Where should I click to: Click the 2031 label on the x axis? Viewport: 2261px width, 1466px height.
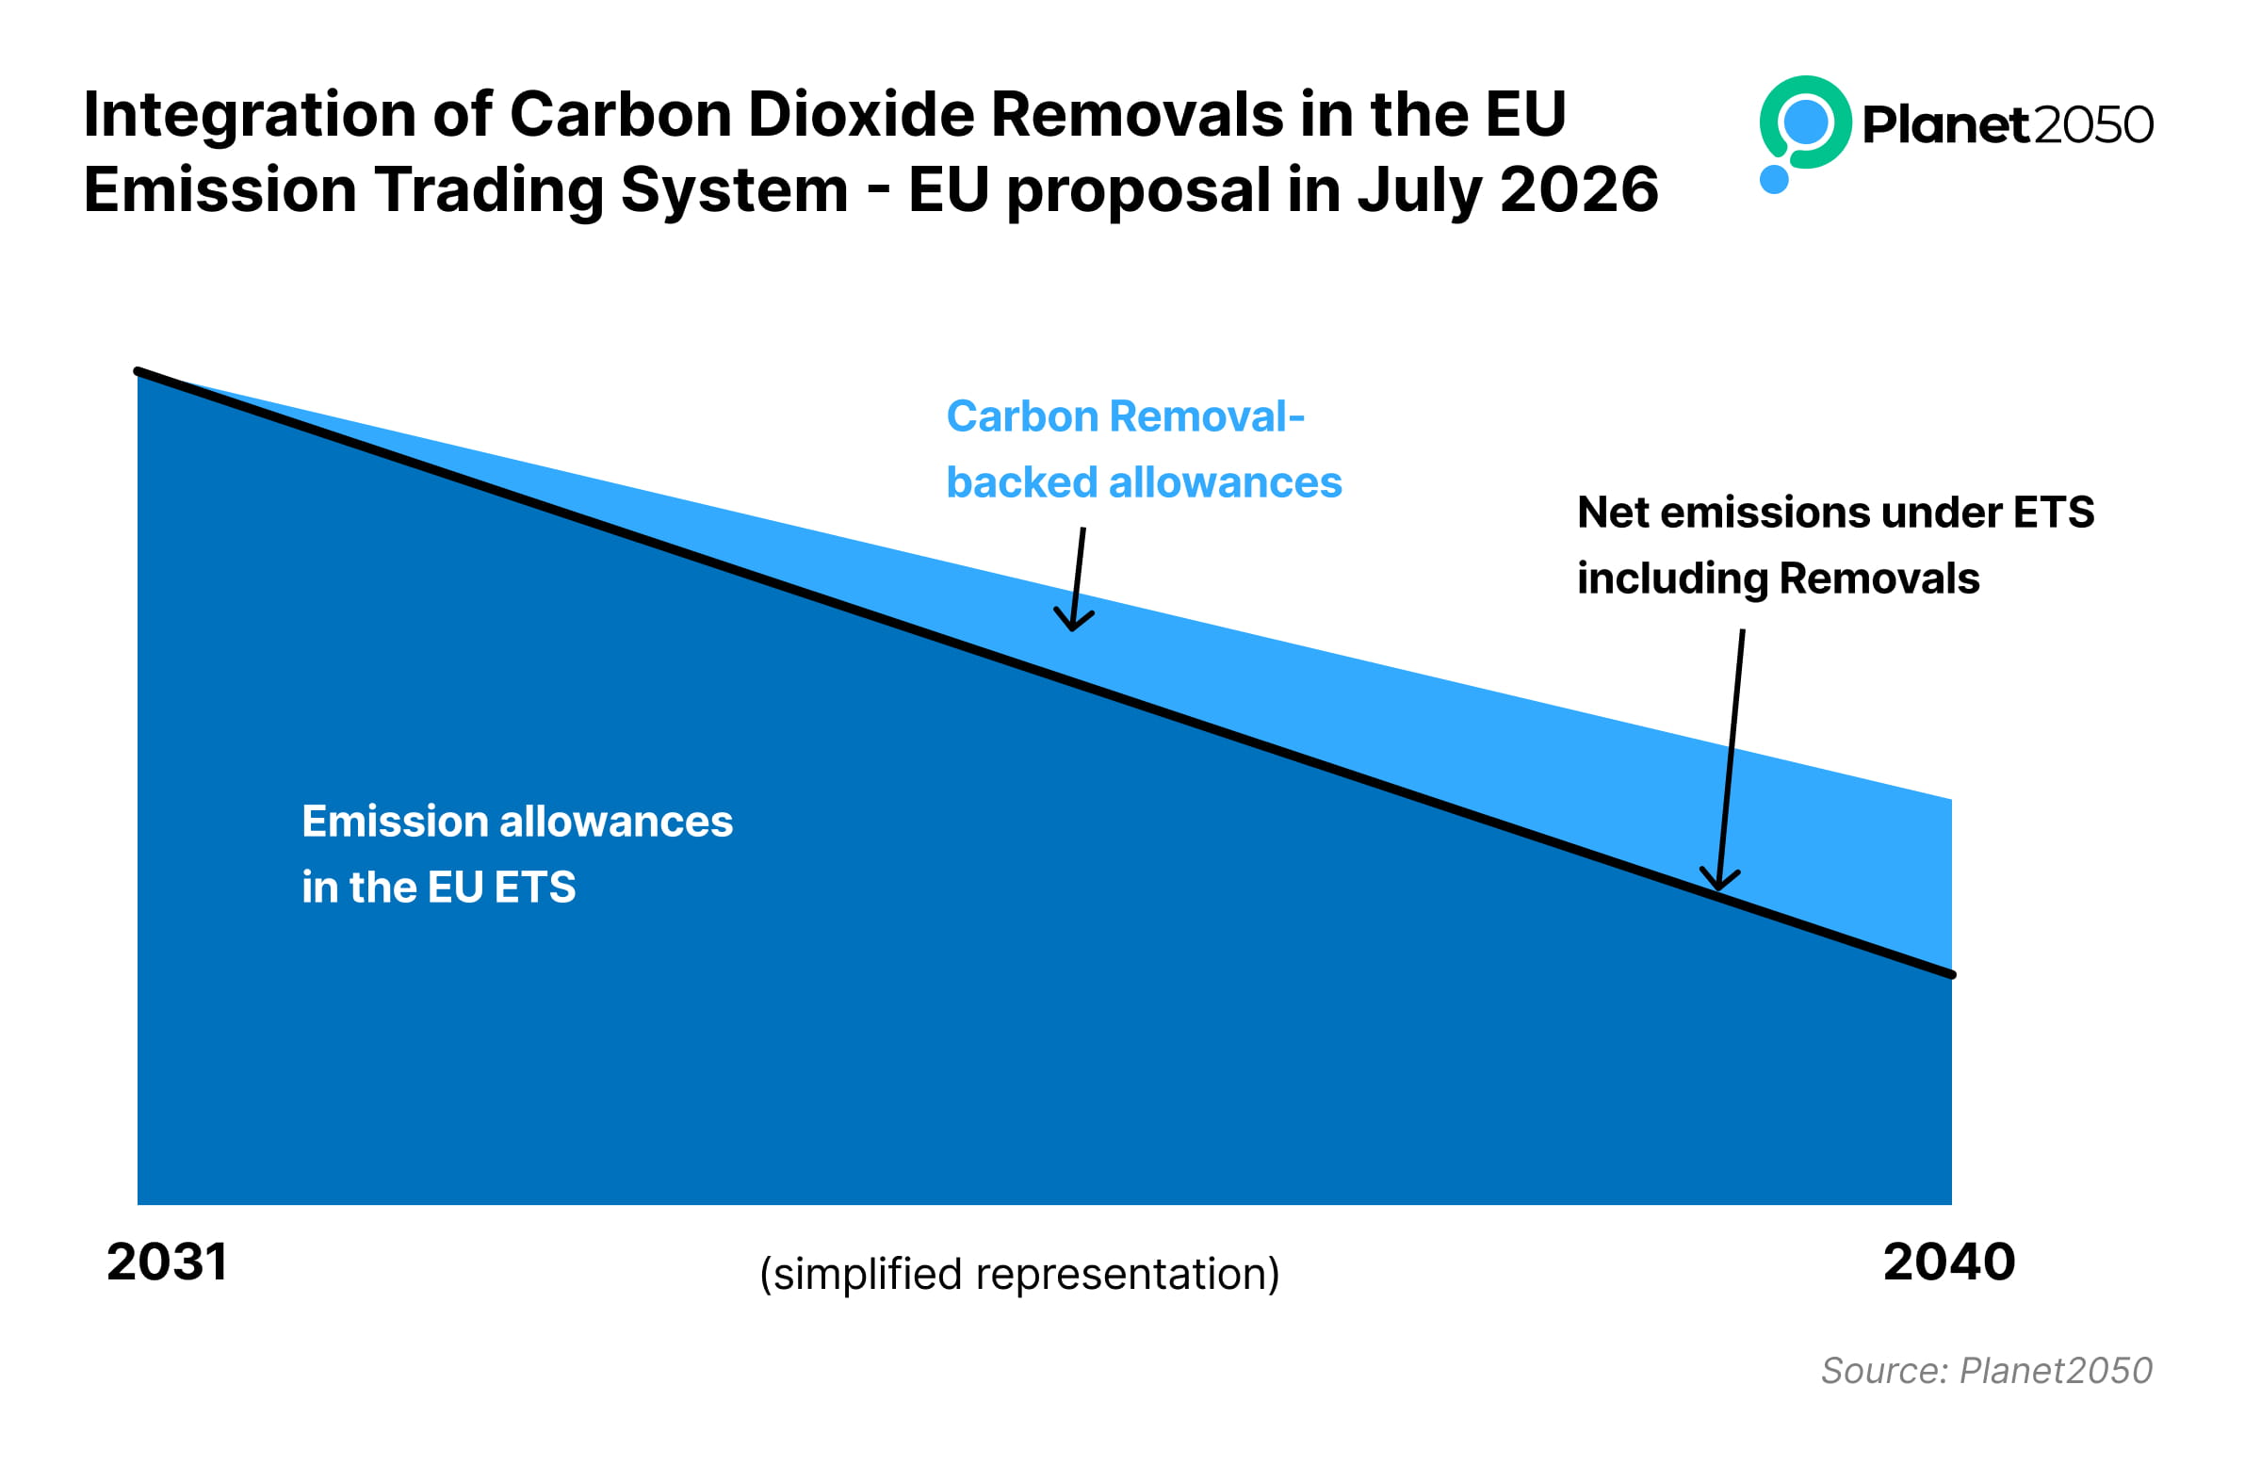(x=167, y=1262)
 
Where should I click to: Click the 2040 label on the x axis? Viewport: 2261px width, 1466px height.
(x=1948, y=1262)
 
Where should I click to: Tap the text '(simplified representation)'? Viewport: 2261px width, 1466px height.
(x=1019, y=1275)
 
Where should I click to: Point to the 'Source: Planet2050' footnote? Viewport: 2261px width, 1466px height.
(x=1987, y=1371)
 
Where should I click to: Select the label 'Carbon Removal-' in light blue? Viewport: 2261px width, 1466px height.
(x=1126, y=417)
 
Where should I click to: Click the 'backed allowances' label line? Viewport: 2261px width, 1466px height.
(x=1144, y=482)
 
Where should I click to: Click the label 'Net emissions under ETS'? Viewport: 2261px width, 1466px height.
(x=1835, y=513)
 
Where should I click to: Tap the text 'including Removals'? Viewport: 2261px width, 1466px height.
(x=1779, y=578)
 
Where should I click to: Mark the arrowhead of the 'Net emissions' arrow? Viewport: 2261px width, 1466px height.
(x=1718, y=881)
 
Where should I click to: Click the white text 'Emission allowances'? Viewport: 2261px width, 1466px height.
(x=517, y=822)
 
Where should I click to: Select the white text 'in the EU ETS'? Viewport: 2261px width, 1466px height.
(x=439, y=888)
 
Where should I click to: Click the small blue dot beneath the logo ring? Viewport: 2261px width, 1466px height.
(x=1774, y=179)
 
